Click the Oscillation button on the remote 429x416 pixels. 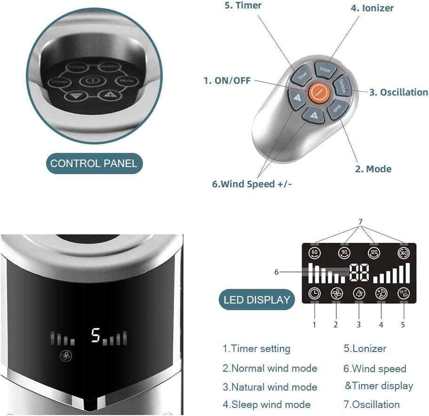click(343, 87)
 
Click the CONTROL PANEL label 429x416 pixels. click(94, 164)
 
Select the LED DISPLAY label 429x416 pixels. click(257, 300)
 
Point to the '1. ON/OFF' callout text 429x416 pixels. click(227, 80)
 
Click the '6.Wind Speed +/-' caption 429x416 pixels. click(252, 184)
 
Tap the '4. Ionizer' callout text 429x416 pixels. click(372, 8)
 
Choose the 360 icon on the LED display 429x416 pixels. click(403, 253)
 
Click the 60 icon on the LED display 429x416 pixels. click(314, 253)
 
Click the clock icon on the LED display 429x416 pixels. click(314, 293)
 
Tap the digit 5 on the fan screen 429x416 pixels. click(96, 335)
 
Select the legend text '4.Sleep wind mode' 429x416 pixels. click(266, 404)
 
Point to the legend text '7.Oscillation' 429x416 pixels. click(372, 404)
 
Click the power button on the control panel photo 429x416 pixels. click(89, 81)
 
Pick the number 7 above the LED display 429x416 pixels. click(360, 222)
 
